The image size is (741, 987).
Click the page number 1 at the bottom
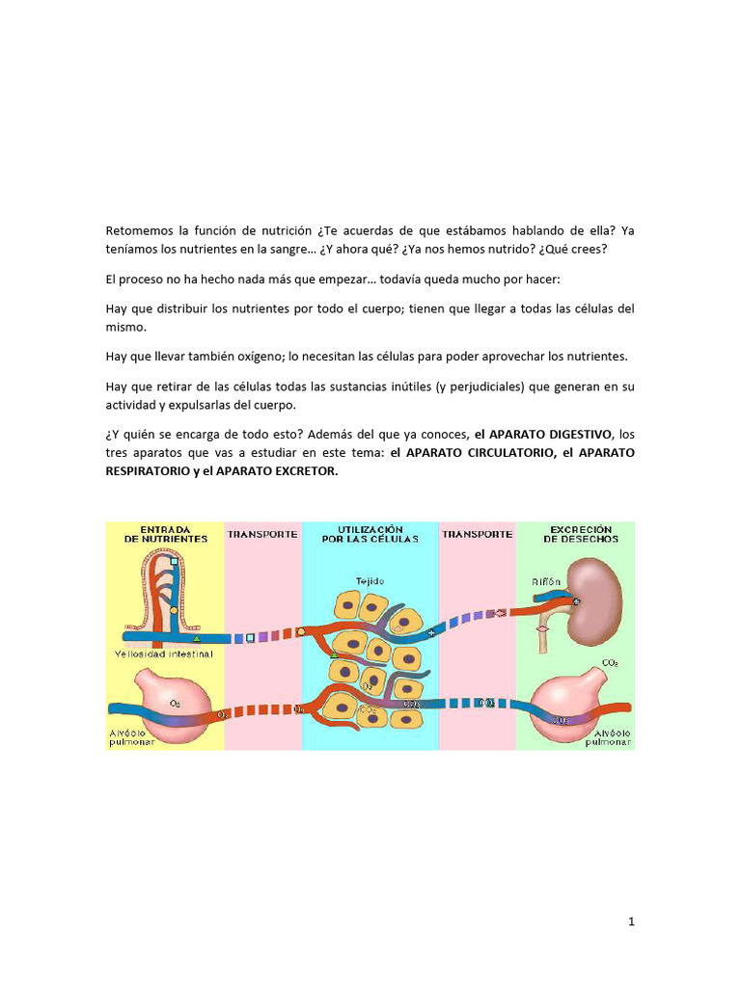coord(631,922)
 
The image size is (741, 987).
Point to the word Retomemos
coord(140,230)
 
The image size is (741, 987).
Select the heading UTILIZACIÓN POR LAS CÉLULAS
coord(370,535)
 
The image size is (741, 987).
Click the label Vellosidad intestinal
coord(166,654)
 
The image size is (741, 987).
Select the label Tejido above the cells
coord(369,582)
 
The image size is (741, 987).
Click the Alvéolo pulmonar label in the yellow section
coord(128,737)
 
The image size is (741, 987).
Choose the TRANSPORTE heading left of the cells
coord(262,534)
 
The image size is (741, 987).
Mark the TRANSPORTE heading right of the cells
coord(477,534)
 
